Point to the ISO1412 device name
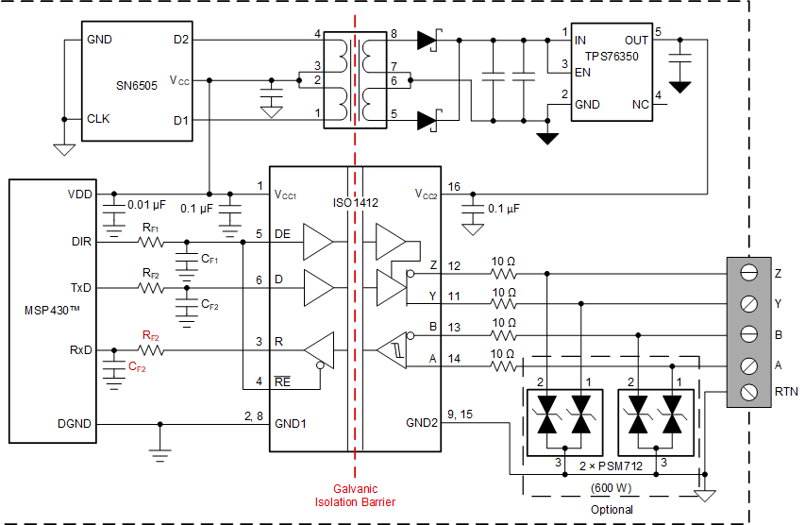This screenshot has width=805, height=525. pyautogui.click(x=355, y=201)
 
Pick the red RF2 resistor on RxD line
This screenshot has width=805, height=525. pyautogui.click(x=151, y=350)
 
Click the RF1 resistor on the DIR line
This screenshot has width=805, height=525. pyautogui.click(x=151, y=242)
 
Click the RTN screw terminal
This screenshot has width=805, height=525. pyautogui.click(x=748, y=390)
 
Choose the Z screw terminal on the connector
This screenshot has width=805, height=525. pyautogui.click(x=748, y=274)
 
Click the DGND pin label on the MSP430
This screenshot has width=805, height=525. pyautogui.click(x=75, y=424)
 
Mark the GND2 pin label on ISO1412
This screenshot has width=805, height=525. pyautogui.click(x=421, y=424)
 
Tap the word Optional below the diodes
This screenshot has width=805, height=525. pyautogui.click(x=612, y=509)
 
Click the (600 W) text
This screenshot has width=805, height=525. pyautogui.click(x=611, y=488)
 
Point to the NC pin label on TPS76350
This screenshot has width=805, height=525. pyautogui.click(x=641, y=105)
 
